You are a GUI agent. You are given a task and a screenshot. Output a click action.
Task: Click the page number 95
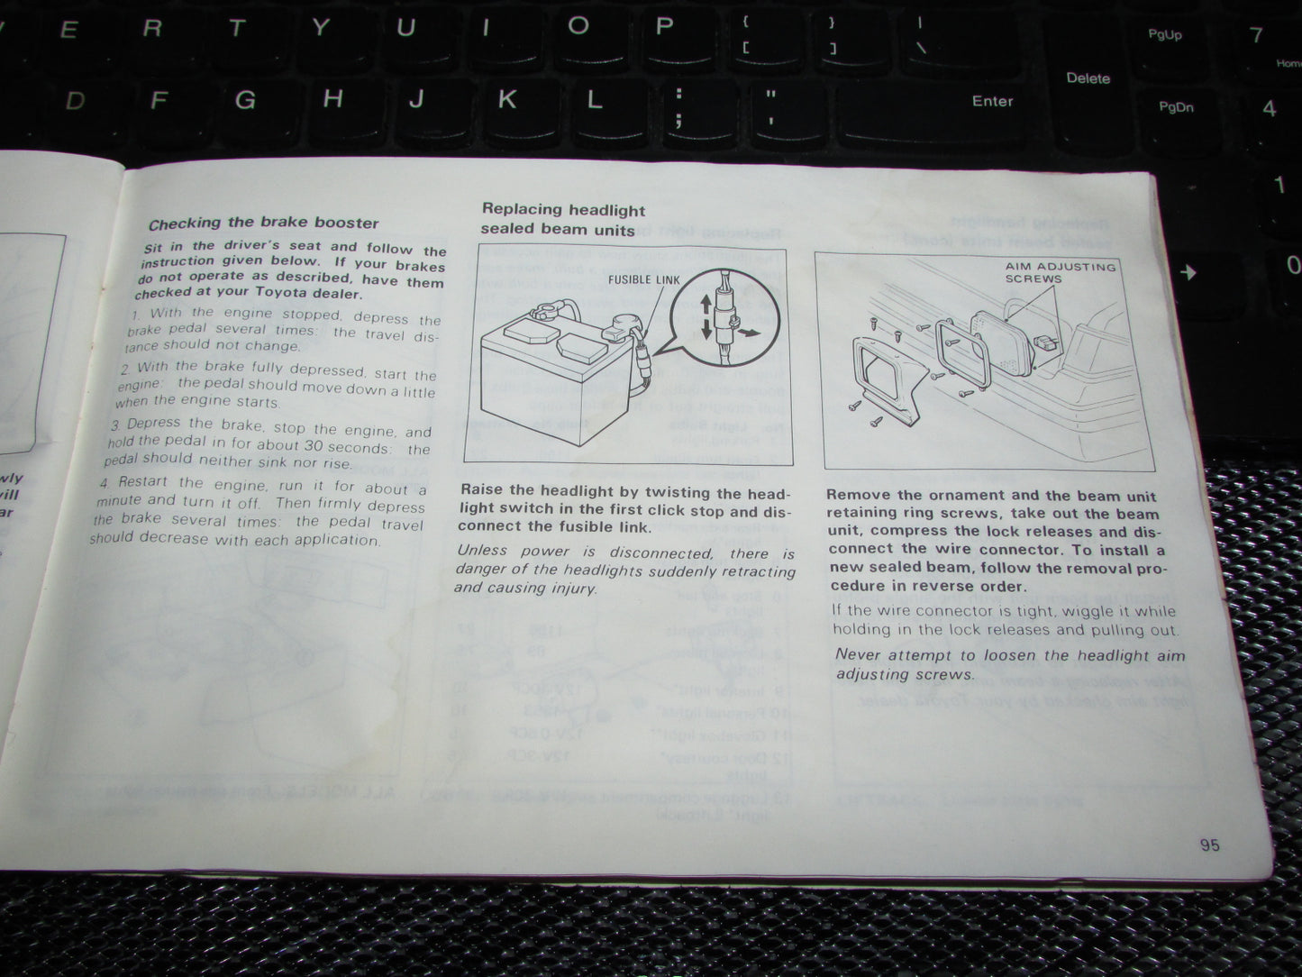pyautogui.click(x=1209, y=845)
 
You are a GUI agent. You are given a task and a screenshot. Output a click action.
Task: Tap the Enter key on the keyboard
pyautogui.click(x=991, y=101)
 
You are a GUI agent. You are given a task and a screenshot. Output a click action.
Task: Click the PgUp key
pyautogui.click(x=1164, y=35)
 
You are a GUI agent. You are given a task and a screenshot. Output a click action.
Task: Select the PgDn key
pyautogui.click(x=1175, y=107)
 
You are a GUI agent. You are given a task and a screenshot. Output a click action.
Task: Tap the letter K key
pyautogui.click(x=507, y=98)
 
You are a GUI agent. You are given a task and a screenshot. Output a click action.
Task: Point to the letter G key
pyautogui.click(x=244, y=99)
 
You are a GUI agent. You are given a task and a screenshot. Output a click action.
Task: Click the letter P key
pyautogui.click(x=664, y=26)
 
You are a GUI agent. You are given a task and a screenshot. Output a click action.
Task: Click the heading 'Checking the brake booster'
pyautogui.click(x=263, y=223)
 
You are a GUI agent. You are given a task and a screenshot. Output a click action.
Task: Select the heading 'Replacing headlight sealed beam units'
pyautogui.click(x=562, y=219)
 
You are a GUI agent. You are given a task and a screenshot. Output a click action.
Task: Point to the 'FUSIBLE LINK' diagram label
pyautogui.click(x=643, y=279)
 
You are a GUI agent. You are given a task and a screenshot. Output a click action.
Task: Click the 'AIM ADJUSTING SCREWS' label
pyautogui.click(x=1060, y=272)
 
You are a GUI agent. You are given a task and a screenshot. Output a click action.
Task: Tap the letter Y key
pyautogui.click(x=320, y=27)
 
